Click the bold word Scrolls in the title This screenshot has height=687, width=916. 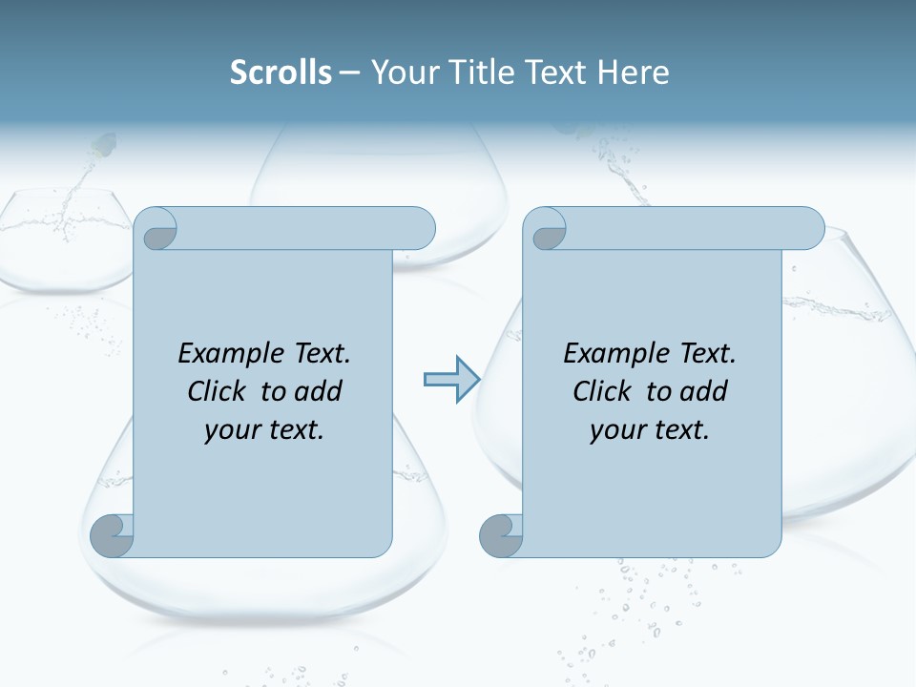click(x=281, y=73)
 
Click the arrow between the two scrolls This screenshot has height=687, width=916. click(x=450, y=380)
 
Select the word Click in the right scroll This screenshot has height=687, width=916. click(x=602, y=391)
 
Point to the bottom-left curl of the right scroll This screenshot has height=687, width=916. click(x=501, y=535)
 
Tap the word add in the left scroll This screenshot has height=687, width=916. click(x=318, y=391)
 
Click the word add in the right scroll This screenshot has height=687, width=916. click(x=703, y=391)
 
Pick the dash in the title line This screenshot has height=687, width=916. click(x=349, y=73)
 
